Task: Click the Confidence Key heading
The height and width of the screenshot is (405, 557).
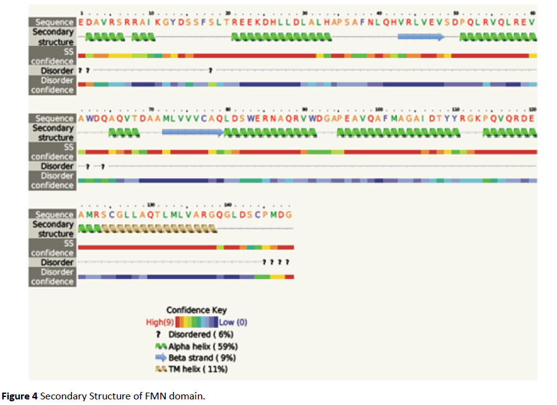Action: [x=196, y=310]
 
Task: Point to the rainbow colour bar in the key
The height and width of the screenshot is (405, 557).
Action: [x=196, y=322]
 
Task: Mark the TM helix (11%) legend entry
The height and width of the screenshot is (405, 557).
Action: [x=198, y=370]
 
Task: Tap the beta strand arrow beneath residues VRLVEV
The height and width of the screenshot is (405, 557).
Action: [x=421, y=37]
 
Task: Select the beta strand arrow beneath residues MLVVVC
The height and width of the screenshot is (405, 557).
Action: [x=192, y=132]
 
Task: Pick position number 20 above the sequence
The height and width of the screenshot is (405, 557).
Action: [x=228, y=13]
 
